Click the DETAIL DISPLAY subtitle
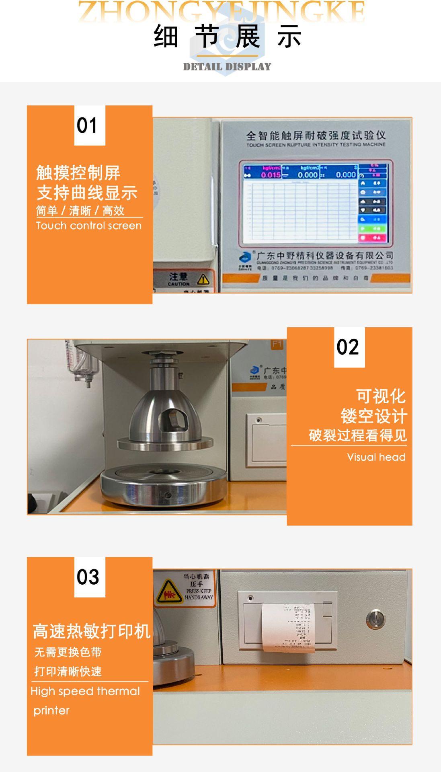pos(227,66)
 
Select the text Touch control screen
pos(88,226)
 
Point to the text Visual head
pos(376,457)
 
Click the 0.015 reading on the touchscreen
pos(271,175)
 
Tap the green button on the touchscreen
pos(372,228)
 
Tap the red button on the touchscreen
pos(372,238)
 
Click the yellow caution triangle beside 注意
pos(203,279)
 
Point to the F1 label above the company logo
pos(277,344)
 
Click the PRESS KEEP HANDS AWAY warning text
pos(199,594)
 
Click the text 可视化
pos(380,396)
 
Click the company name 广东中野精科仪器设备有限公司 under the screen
pos(324,256)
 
